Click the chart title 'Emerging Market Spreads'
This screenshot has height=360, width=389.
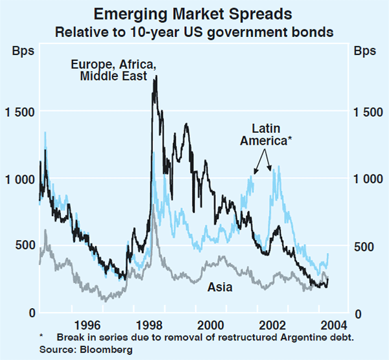coord(194,14)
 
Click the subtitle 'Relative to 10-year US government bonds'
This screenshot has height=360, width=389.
coord(194,30)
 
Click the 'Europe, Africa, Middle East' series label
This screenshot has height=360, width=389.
coord(113,70)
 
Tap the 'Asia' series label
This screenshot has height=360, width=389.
coord(219,285)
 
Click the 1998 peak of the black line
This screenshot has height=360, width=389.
coord(156,76)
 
